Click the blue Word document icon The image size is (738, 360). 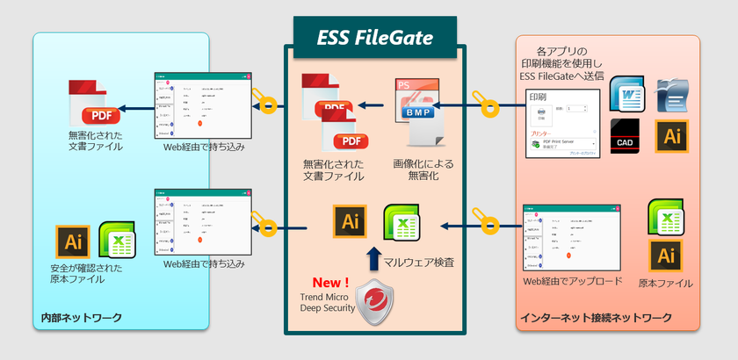tap(627, 94)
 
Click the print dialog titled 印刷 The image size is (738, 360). tap(562, 123)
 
